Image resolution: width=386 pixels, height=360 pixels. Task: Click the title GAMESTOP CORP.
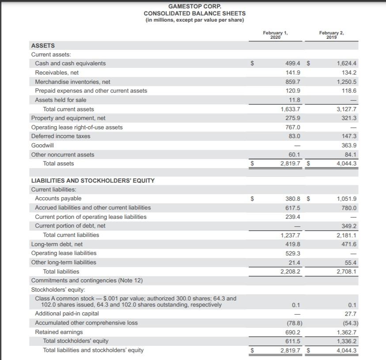[195, 6]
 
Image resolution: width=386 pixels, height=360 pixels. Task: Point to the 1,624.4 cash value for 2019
[347, 64]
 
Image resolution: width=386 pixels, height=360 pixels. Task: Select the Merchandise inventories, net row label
[72, 82]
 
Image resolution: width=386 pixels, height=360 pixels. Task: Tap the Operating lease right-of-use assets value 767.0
[293, 127]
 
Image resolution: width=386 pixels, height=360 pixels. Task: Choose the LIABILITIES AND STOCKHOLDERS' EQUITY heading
[93, 181]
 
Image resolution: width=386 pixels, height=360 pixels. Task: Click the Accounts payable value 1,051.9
[347, 199]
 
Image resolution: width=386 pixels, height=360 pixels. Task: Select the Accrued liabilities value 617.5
[293, 208]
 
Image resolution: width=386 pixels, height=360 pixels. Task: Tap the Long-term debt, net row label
[57, 244]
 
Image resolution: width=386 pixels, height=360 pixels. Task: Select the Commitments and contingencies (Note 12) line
[87, 281]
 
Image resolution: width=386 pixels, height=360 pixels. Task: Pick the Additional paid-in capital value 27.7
[351, 314]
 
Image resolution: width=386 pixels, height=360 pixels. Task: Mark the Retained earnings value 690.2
[293, 332]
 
